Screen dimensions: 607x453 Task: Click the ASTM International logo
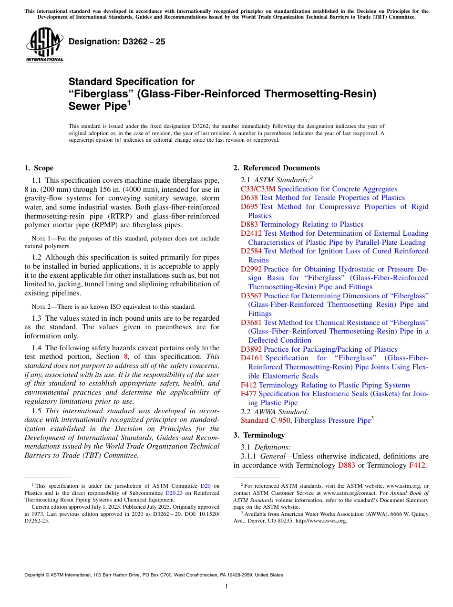click(44, 44)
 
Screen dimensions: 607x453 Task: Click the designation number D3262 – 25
click(117, 42)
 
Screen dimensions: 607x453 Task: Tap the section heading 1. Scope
click(39, 168)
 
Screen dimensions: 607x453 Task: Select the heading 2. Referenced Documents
click(277, 168)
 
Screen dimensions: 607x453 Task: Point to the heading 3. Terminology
click(259, 435)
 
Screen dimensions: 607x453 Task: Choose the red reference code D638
click(249, 198)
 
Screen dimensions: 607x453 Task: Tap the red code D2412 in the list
click(251, 233)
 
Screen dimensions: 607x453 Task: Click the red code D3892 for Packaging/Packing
click(251, 349)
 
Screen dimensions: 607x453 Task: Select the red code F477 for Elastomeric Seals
click(248, 394)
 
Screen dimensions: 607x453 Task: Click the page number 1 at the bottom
click(226, 586)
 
